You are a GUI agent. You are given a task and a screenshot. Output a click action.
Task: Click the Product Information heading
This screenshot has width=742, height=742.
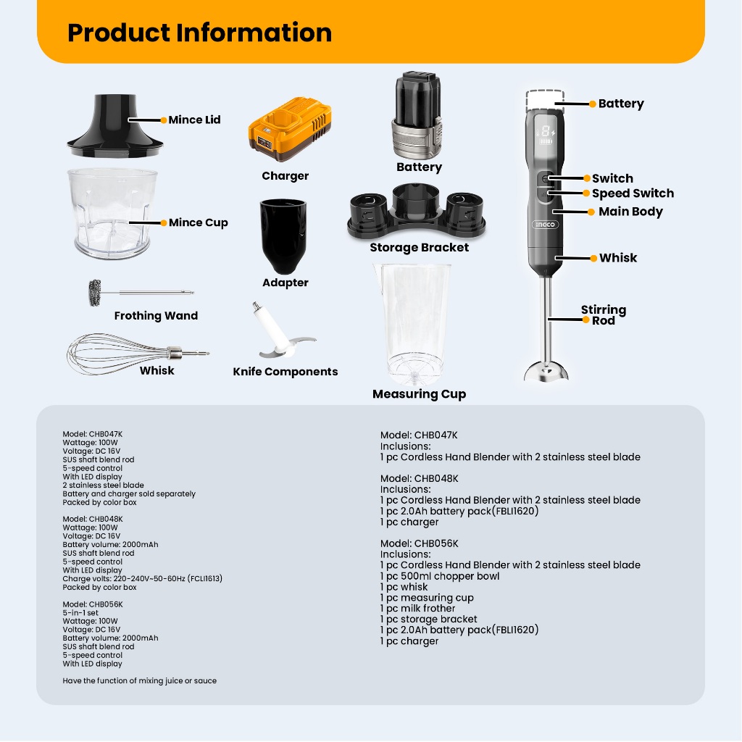[x=199, y=33]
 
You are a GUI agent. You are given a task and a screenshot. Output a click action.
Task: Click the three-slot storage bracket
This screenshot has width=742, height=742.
[x=419, y=214]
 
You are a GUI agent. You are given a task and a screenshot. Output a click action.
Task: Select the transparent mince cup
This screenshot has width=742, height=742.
[x=112, y=214]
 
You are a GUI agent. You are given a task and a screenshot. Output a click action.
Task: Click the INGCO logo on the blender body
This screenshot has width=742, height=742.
[x=546, y=225]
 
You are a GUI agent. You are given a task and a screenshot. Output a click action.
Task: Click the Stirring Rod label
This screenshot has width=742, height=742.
[x=603, y=314]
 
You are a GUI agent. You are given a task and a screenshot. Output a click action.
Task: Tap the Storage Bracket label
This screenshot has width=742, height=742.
[x=419, y=248]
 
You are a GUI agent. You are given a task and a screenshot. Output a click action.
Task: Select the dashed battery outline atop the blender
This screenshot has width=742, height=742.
[x=546, y=100]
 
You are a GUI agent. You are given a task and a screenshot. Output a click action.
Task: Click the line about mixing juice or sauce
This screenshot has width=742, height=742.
[x=139, y=681]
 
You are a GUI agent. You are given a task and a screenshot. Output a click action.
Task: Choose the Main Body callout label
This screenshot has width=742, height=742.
[x=630, y=212]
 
